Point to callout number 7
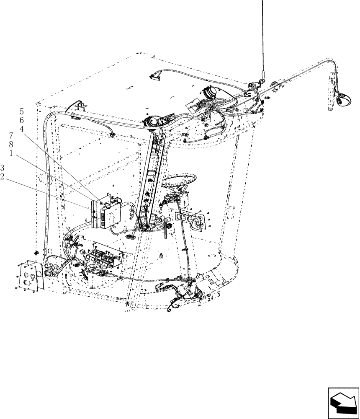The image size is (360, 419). click(x=12, y=136)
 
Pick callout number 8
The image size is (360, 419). click(x=12, y=145)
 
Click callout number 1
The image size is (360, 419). click(x=12, y=153)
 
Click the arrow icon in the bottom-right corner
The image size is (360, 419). click(x=343, y=403)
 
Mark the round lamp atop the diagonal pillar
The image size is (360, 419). click(x=152, y=122)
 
